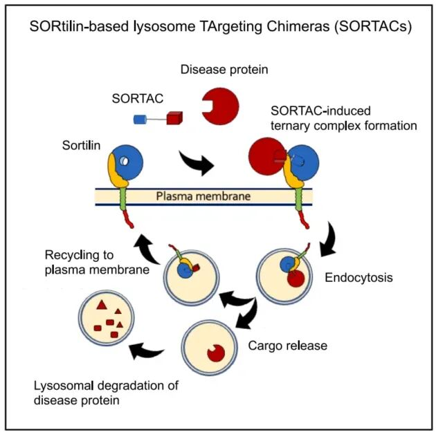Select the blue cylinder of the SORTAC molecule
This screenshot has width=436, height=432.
coord(141,120)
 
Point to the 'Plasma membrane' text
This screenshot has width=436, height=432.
coord(202,196)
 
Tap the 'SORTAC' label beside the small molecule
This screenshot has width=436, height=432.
coord(138,98)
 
